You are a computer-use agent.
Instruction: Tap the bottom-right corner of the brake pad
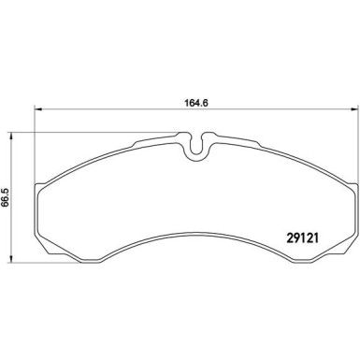click(x=354, y=251)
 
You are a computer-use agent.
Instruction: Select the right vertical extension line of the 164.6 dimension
click(x=357, y=140)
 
